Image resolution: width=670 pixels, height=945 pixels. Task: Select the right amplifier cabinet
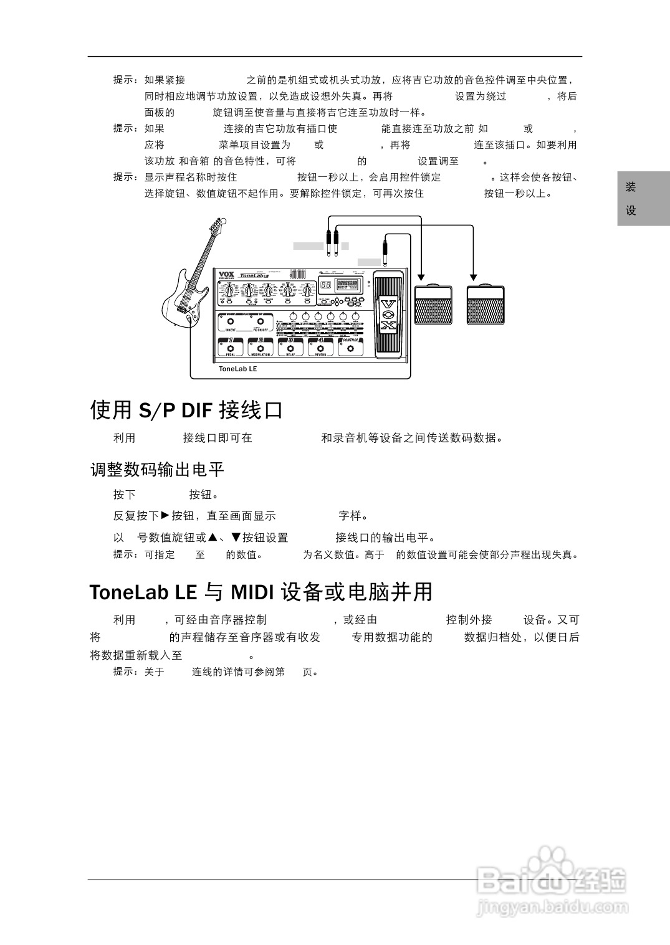coord(486,305)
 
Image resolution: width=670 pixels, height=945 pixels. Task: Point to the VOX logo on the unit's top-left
coord(226,274)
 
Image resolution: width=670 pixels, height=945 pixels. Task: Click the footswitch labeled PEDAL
coord(230,347)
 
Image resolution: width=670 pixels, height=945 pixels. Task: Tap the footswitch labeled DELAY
coord(290,347)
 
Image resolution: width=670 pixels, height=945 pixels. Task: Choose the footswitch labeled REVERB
coord(320,347)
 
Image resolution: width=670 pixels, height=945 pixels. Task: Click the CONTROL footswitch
coord(351,347)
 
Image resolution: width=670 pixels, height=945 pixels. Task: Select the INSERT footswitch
coord(230,322)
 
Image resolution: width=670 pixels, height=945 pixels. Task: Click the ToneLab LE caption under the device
coord(237,369)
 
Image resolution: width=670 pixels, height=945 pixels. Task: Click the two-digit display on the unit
coord(325,285)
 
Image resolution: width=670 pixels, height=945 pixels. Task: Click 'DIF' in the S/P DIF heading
coord(197,411)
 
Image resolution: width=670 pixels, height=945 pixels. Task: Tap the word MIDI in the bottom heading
coord(252,592)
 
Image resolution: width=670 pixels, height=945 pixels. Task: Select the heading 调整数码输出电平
coord(157,470)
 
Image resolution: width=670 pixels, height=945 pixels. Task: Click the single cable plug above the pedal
coord(386,246)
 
